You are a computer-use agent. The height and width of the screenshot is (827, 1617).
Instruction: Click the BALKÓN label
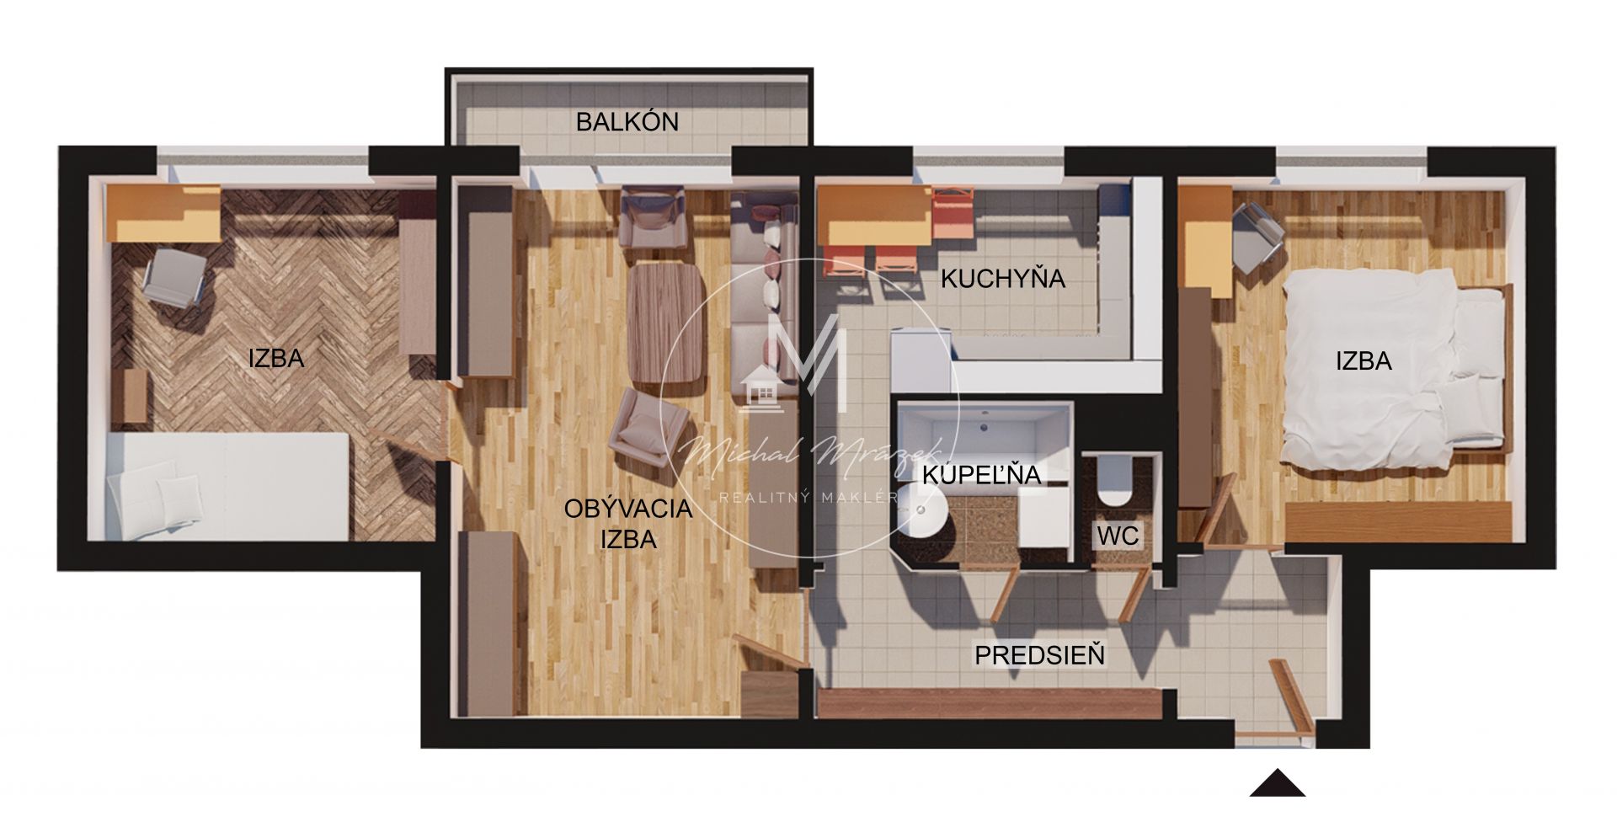[627, 121]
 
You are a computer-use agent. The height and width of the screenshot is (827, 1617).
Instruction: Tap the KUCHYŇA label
[1002, 279]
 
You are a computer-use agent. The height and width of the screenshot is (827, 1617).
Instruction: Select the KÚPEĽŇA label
[981, 474]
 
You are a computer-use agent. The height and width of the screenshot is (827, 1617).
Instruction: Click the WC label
[1118, 535]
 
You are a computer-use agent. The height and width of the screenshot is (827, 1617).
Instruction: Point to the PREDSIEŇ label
[1040, 654]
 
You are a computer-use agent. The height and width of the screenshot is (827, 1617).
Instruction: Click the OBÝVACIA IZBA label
[628, 523]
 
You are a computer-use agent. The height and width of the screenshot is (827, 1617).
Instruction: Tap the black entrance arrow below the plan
[1278, 782]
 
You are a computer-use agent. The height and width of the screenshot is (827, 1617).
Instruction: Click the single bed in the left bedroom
[227, 486]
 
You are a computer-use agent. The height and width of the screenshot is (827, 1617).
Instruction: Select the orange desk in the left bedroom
[163, 214]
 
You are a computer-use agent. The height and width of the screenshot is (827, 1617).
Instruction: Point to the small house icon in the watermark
[760, 388]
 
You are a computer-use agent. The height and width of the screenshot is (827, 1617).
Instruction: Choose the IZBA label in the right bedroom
[1364, 361]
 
